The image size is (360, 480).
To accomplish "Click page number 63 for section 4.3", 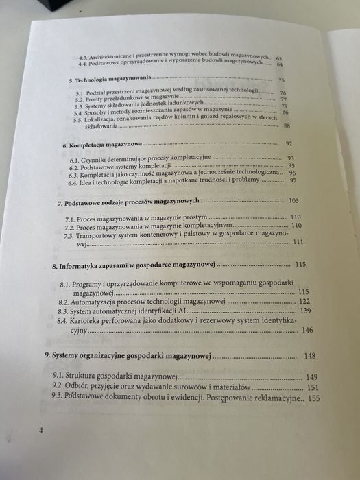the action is [x=279, y=58].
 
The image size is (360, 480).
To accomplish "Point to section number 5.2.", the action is [x=81, y=99].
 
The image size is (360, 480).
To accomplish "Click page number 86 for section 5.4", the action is [x=285, y=112].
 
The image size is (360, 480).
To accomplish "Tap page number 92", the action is [x=289, y=143].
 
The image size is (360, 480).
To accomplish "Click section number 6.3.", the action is [x=74, y=174].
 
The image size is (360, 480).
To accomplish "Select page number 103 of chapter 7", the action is [x=295, y=201].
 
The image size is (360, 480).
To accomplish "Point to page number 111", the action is [x=298, y=242].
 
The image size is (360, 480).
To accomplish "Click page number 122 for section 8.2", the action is [x=305, y=301].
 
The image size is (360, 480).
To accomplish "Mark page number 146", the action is [x=307, y=331].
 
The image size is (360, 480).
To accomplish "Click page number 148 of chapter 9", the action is [x=310, y=356].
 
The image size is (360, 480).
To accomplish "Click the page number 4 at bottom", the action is [x=41, y=431].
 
